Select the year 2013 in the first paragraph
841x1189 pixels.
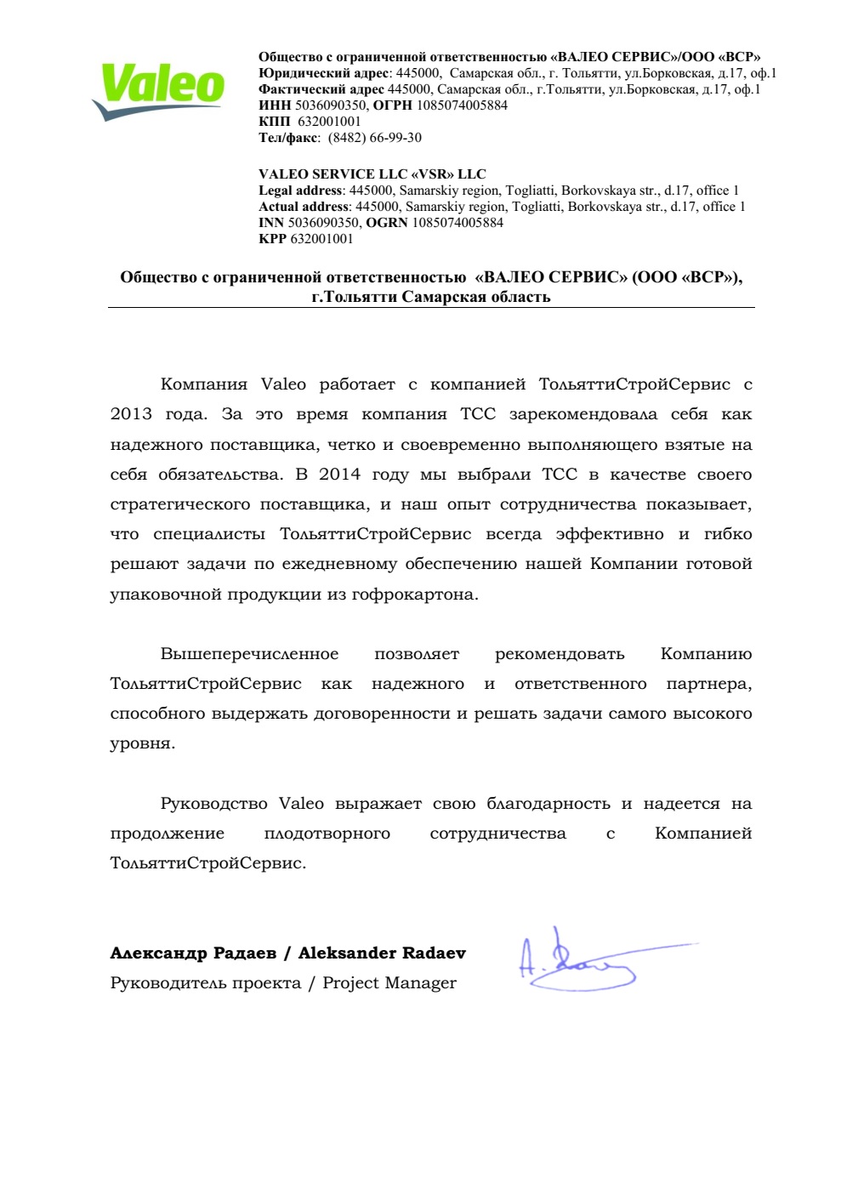point(131,414)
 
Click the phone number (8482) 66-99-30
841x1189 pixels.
point(374,138)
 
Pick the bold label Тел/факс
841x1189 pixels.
point(288,138)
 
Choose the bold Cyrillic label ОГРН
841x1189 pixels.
point(392,105)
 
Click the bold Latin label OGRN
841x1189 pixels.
point(387,223)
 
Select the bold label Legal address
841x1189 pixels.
point(300,191)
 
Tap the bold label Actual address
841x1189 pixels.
point(304,207)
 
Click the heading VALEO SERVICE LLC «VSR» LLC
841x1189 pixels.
point(372,174)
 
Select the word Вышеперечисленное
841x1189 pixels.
point(249,654)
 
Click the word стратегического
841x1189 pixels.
point(180,504)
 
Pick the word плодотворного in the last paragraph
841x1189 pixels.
point(327,833)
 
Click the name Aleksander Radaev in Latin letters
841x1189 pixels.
point(382,953)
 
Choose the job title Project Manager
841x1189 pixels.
point(389,983)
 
